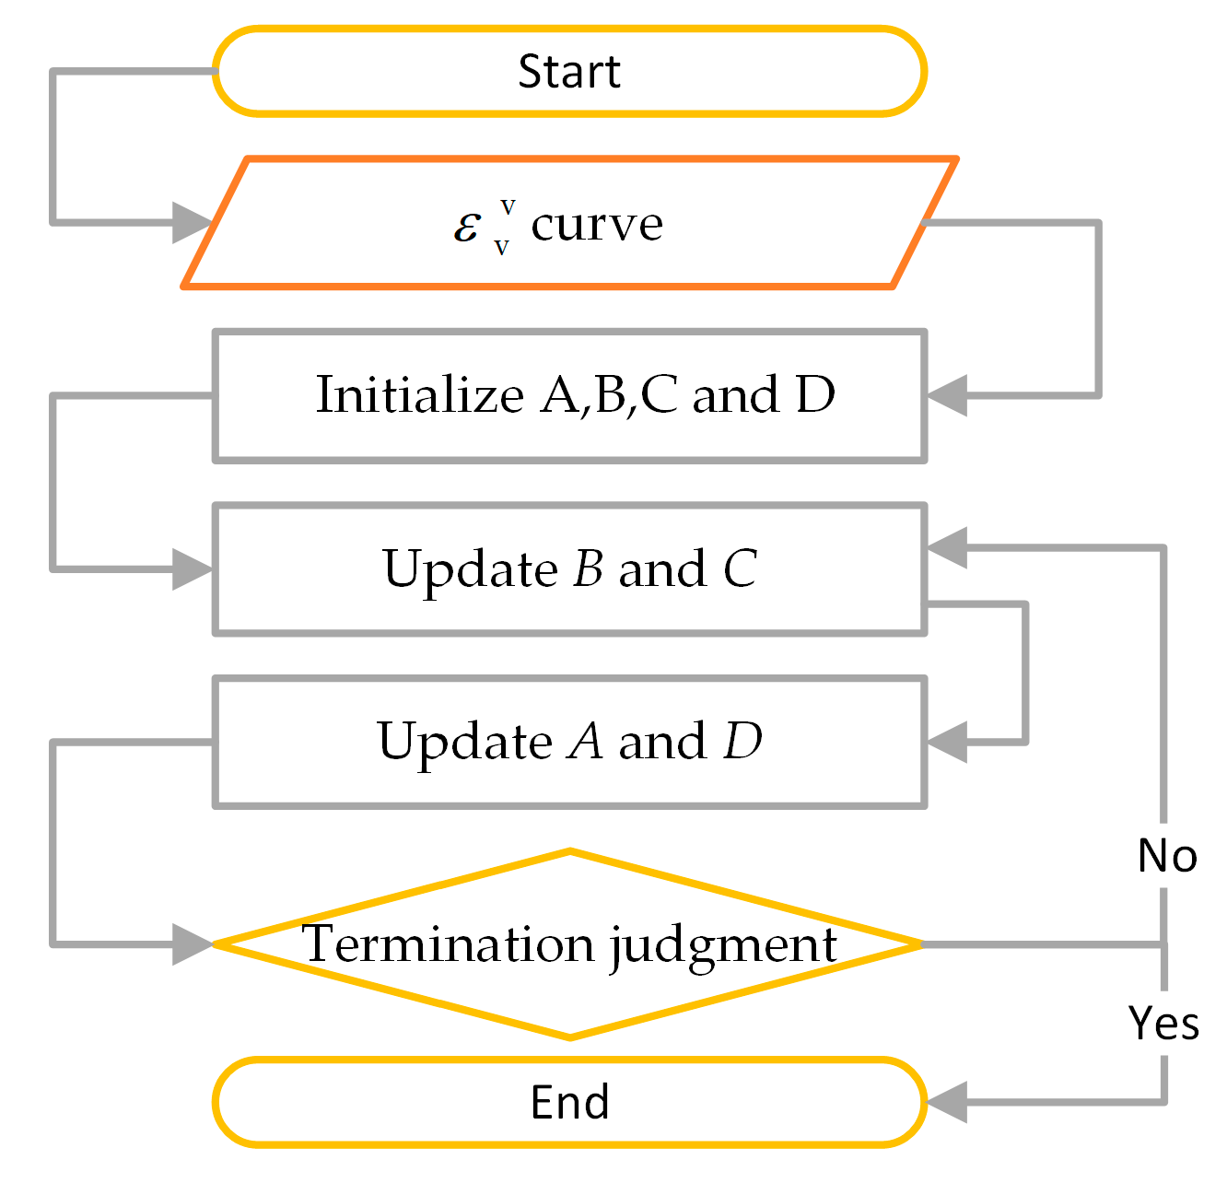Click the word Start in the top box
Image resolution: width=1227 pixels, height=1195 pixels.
[x=568, y=72]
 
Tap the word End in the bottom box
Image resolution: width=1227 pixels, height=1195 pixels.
[x=569, y=1102]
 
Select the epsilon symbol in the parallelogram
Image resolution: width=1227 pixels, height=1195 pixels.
[x=467, y=225]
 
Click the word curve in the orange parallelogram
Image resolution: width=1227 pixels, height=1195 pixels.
[x=597, y=224]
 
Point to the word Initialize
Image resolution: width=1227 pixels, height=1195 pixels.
[x=419, y=395]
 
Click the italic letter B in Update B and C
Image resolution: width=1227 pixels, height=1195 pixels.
[x=588, y=568]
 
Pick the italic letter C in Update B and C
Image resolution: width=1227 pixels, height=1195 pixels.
[x=740, y=568]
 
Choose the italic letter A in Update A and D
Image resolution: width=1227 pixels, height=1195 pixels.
[x=586, y=742]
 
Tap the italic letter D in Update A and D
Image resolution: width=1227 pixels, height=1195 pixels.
[x=742, y=742]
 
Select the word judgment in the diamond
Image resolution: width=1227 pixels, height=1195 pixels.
[x=723, y=946]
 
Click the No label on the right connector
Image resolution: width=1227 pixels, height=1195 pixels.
[x=1167, y=856]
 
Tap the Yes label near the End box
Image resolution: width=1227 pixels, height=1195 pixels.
[x=1164, y=1024]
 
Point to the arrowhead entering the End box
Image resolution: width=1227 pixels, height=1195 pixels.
[x=946, y=1102]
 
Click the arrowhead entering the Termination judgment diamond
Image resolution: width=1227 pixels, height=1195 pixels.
[x=193, y=944]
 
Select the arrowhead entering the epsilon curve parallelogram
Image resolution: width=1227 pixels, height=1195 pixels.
[x=193, y=222]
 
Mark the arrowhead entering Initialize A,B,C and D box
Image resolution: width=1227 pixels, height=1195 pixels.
[x=946, y=396]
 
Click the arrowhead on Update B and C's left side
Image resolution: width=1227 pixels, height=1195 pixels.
[x=193, y=569]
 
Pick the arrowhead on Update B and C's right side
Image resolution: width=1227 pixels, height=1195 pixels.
[x=946, y=548]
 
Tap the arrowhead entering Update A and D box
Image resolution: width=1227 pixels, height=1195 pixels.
[x=946, y=742]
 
